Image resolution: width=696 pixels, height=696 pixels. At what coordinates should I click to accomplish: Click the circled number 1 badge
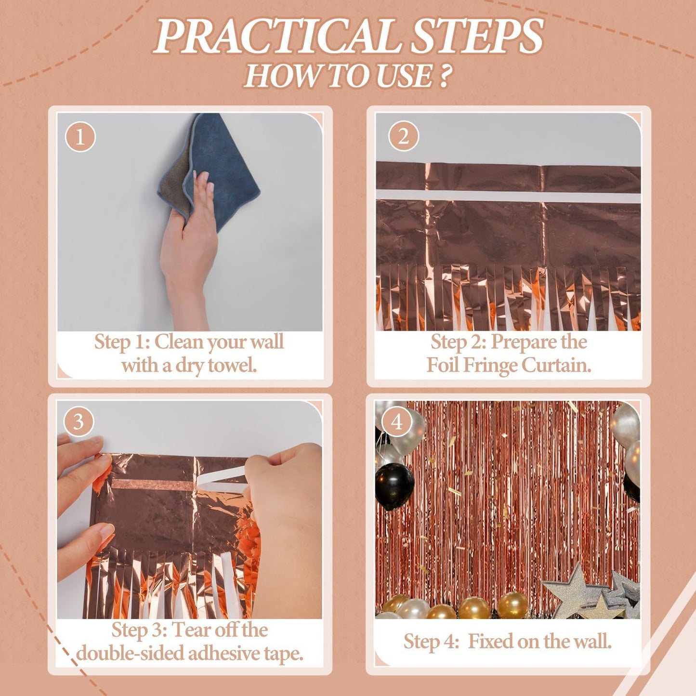point(80,136)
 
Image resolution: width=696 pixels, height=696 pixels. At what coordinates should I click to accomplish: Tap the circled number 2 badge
point(403,136)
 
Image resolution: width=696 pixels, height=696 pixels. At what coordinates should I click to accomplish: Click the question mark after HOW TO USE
point(445,76)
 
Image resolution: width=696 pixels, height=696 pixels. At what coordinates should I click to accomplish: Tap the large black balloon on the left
point(394,486)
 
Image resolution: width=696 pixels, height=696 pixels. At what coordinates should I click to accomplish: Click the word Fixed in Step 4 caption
point(489,642)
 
